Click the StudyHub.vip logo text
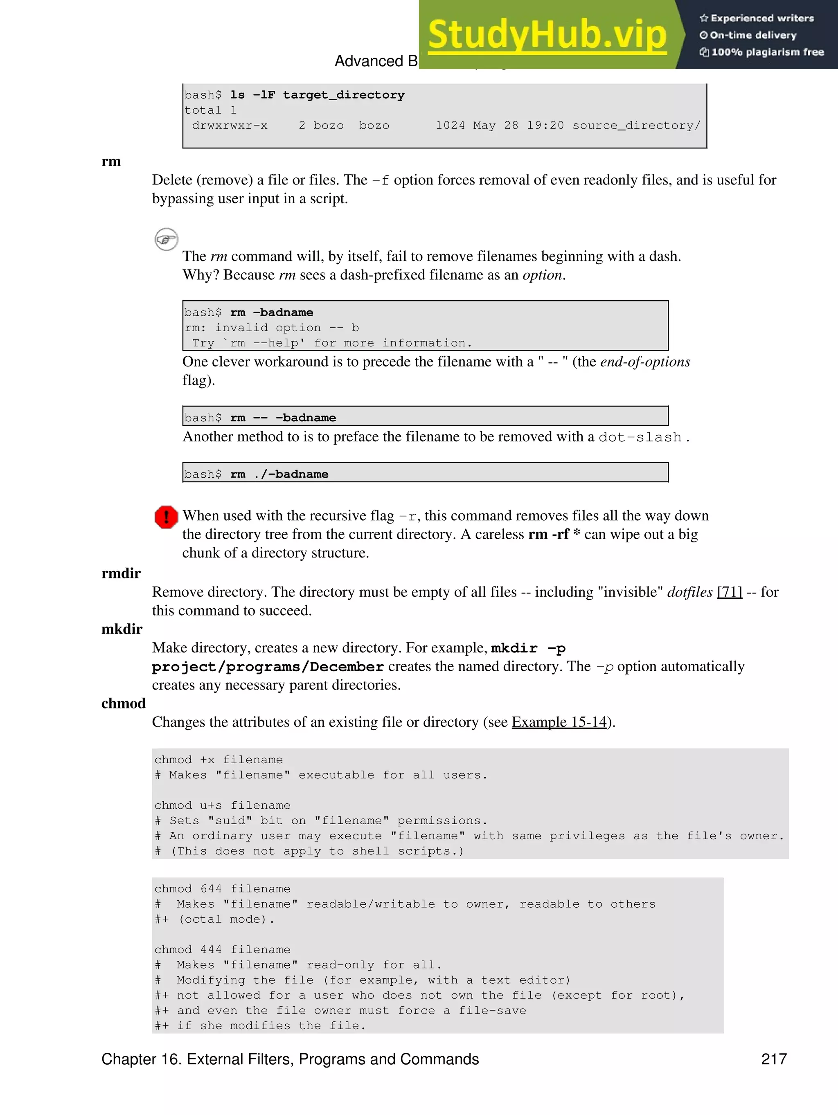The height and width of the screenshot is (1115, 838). coord(547,35)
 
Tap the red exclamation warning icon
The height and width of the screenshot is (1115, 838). coord(166,517)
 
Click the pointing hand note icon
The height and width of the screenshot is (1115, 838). coord(166,239)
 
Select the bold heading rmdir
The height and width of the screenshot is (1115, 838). coord(121,573)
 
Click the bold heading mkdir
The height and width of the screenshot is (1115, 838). coord(122,629)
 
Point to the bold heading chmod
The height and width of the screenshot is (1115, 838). coord(123,703)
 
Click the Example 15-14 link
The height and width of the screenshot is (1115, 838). coord(559,722)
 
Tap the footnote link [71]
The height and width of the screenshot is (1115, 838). coord(729,592)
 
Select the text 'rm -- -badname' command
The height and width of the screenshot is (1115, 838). coord(283,418)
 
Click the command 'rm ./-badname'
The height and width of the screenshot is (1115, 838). coord(279,474)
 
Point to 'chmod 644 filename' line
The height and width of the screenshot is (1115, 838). coord(222,889)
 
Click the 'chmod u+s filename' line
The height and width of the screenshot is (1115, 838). coord(222,805)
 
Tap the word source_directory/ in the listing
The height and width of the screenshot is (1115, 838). coord(636,126)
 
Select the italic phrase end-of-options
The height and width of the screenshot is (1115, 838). coord(644,362)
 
